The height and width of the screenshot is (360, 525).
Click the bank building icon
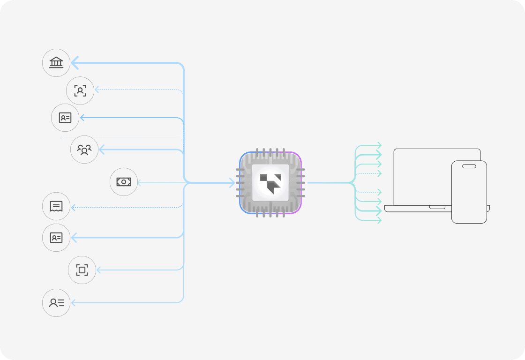pyautogui.click(x=56, y=62)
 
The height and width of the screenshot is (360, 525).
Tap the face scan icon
pyautogui.click(x=80, y=90)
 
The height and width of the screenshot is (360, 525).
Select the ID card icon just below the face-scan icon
pyautogui.click(x=65, y=118)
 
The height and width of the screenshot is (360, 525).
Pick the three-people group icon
pyautogui.click(x=84, y=150)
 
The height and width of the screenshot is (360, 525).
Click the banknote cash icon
pyautogui.click(x=124, y=182)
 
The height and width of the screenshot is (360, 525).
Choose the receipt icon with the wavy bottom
pyautogui.click(x=56, y=206)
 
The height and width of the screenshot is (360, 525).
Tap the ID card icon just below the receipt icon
pyautogui.click(x=56, y=238)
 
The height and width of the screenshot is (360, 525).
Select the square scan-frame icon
pyautogui.click(x=82, y=270)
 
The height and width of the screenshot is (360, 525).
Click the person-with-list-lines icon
pyautogui.click(x=56, y=303)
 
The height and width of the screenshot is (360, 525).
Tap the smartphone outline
pyautogui.click(x=469, y=197)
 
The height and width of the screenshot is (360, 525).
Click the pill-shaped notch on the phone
pyautogui.click(x=469, y=166)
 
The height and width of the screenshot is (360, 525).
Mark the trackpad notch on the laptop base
pyautogui.click(x=438, y=207)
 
